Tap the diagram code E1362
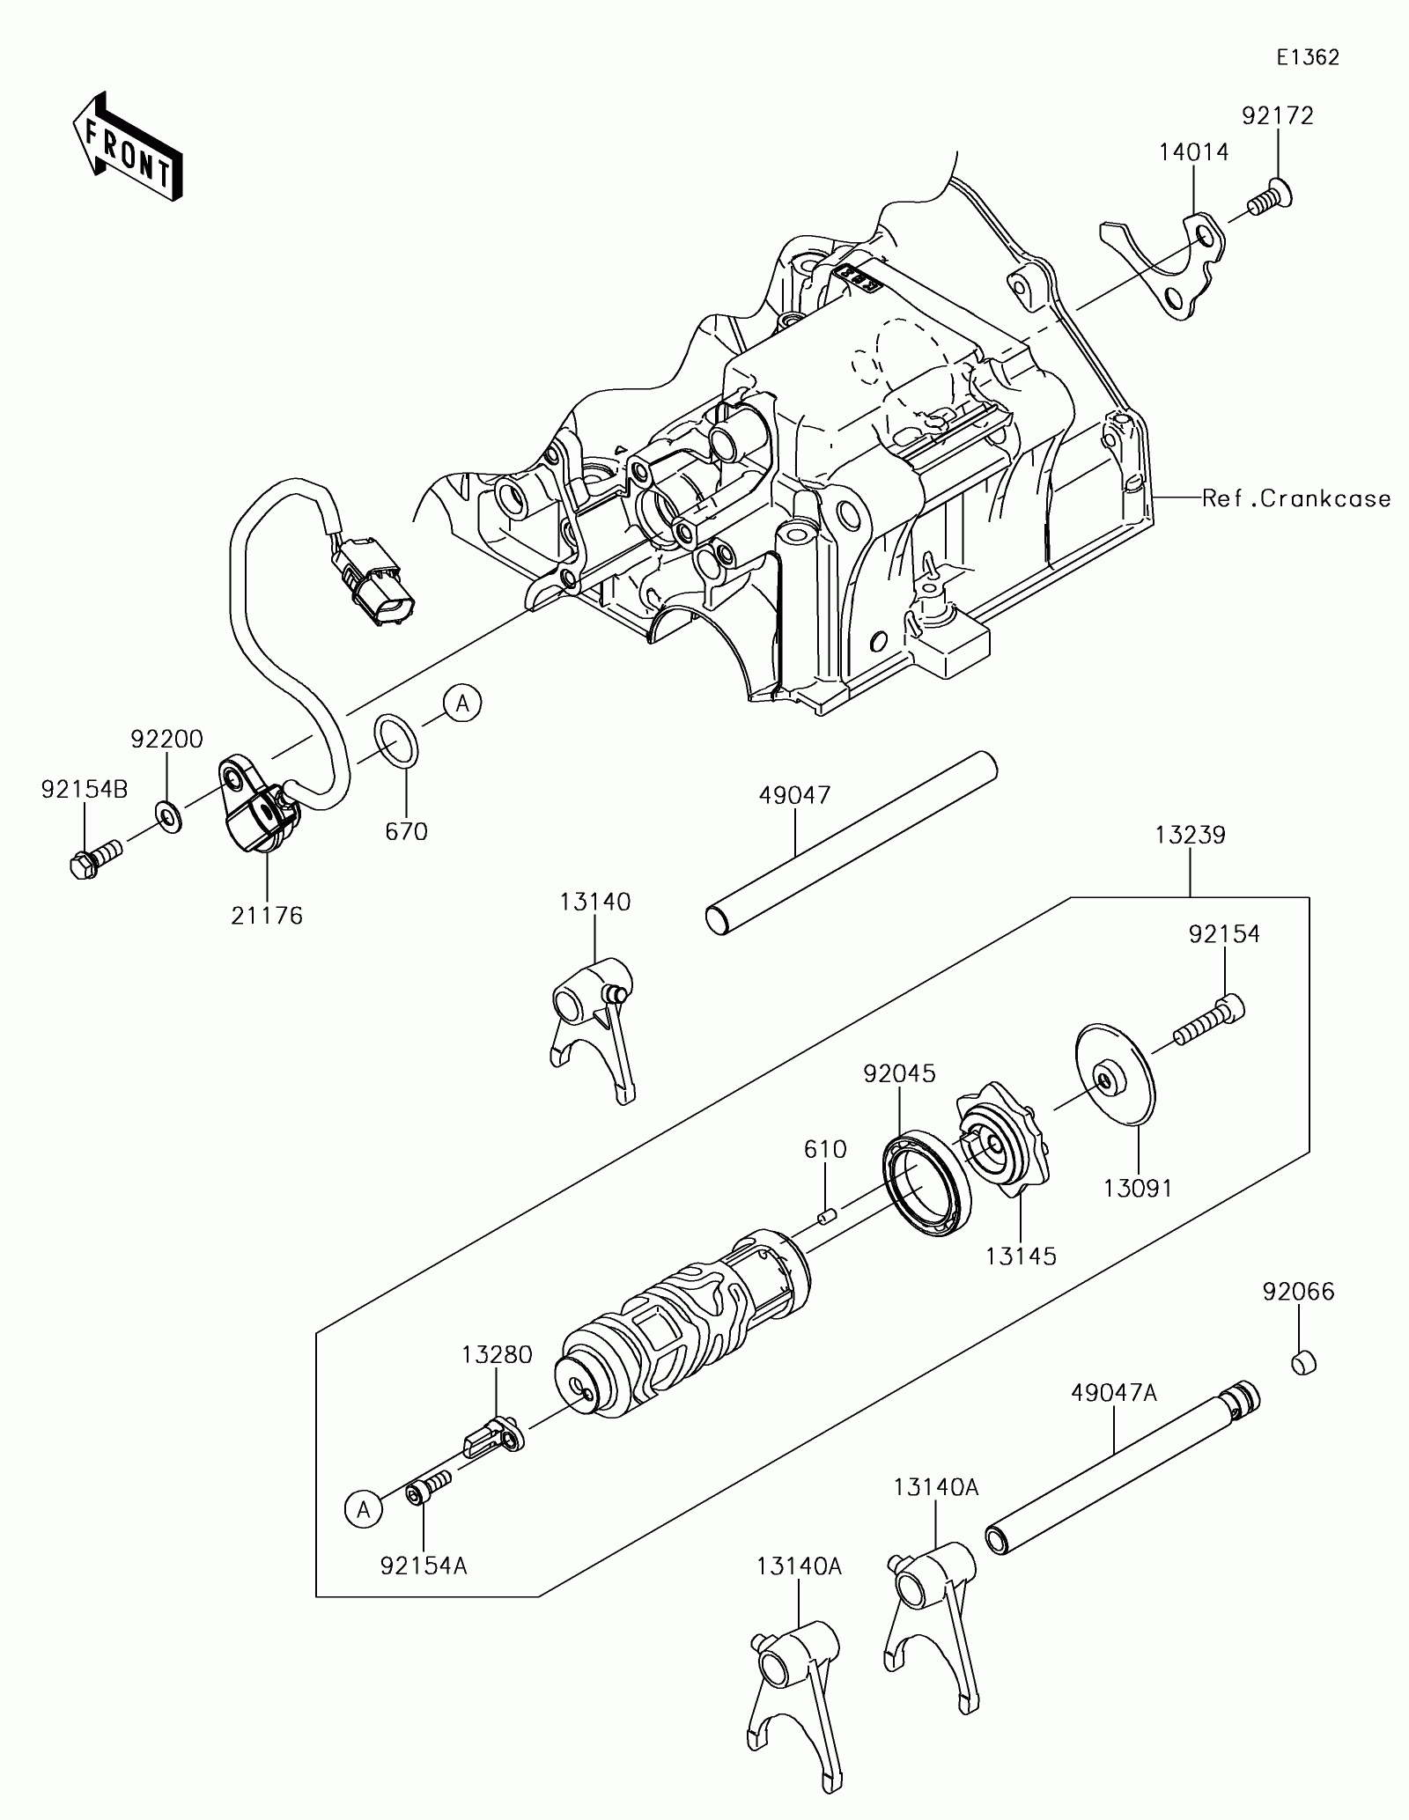click(1309, 58)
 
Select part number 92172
click(1278, 116)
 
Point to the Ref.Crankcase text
click(1297, 498)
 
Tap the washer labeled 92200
click(168, 816)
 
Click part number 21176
click(267, 916)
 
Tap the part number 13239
click(1191, 835)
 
